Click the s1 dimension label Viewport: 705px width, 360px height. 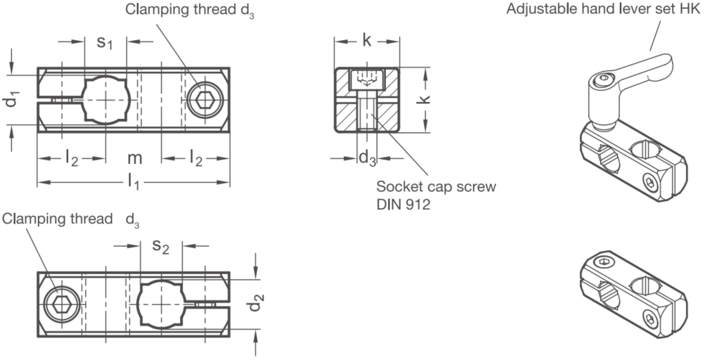click(x=105, y=43)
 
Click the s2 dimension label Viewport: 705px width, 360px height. click(x=160, y=247)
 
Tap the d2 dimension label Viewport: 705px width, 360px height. click(x=256, y=303)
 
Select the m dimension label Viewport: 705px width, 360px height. click(x=134, y=158)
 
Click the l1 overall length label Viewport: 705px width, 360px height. click(x=133, y=182)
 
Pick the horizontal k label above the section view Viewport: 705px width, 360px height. click(x=367, y=41)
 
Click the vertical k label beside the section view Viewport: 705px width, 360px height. click(x=424, y=99)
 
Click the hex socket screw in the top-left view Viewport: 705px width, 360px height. click(x=206, y=99)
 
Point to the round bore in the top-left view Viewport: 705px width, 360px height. click(x=106, y=99)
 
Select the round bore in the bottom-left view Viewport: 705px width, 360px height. click(x=160, y=304)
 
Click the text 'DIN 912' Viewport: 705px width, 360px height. click(x=403, y=205)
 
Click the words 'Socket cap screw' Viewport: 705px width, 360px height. click(x=436, y=186)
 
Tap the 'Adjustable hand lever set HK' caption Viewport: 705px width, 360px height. click(x=604, y=8)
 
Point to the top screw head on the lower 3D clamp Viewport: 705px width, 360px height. click(x=602, y=262)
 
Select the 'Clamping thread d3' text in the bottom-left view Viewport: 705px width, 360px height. click(x=70, y=219)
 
